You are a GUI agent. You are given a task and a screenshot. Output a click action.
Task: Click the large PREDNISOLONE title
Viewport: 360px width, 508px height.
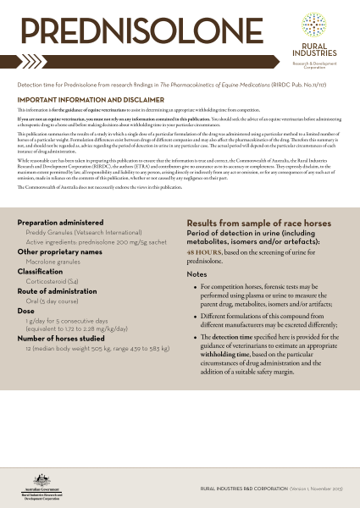pyautogui.click(x=129, y=33)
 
